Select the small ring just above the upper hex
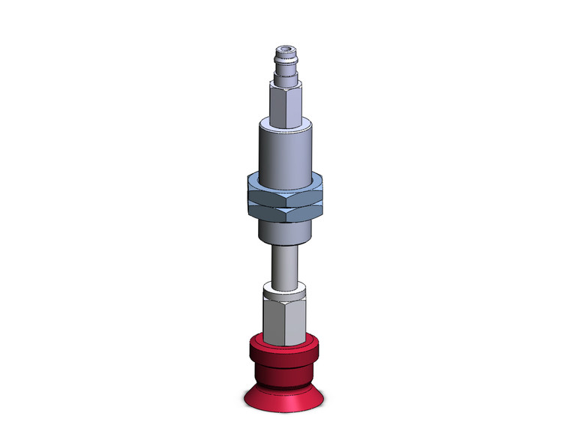tap(285, 79)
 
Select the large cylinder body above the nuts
tap(285, 154)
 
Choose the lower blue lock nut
tap(285, 211)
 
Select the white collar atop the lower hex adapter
tap(285, 289)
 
